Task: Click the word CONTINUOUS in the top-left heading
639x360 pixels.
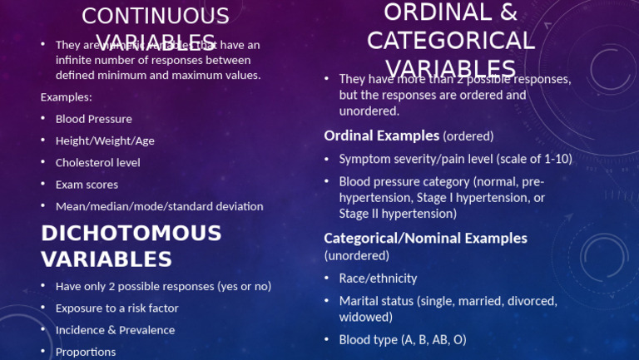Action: click(155, 16)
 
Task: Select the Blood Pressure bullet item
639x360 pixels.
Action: click(93, 119)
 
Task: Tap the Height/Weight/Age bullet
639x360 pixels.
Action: click(105, 141)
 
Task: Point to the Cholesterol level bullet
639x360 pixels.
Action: click(97, 163)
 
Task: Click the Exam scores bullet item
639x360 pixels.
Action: click(87, 185)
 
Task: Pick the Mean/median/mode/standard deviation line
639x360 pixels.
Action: click(159, 206)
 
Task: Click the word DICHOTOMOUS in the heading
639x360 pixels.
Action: click(131, 234)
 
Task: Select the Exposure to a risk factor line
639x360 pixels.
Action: click(116, 308)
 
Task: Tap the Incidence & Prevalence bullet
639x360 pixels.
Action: click(115, 330)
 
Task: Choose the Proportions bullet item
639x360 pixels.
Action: click(86, 352)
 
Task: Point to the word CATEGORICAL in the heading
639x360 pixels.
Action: click(450, 41)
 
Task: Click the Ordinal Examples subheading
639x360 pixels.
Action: click(381, 135)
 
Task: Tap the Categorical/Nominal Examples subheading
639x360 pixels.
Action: click(425, 239)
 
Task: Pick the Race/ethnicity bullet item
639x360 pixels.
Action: click(378, 278)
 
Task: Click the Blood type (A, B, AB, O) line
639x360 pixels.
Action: click(403, 339)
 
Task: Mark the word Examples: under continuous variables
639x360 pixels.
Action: click(67, 97)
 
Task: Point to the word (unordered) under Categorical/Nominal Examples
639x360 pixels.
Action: click(356, 255)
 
